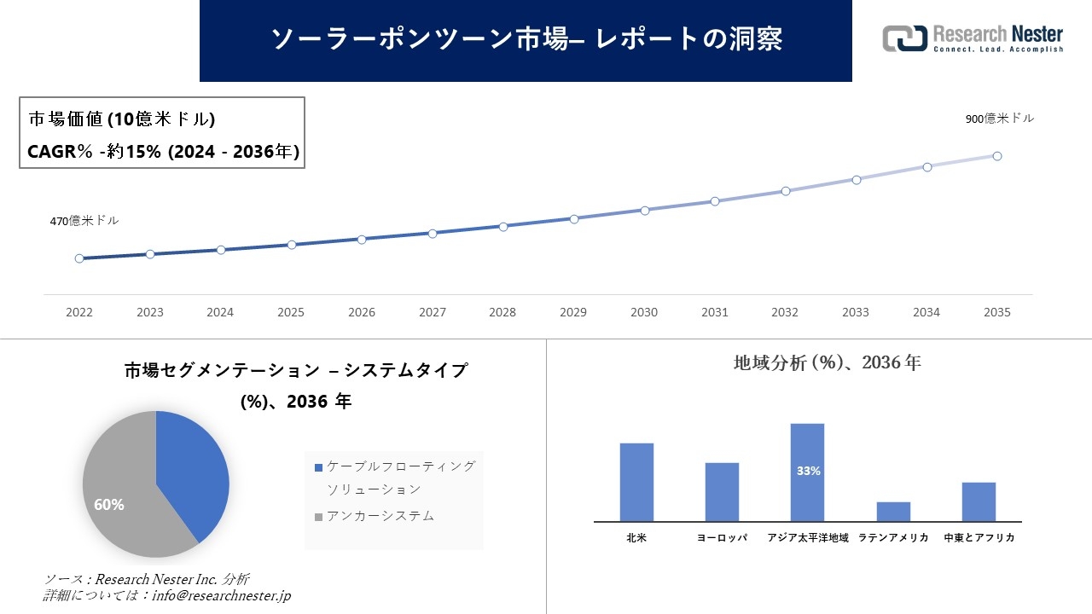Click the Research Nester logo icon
[905, 38]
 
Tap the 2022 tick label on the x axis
[79, 313]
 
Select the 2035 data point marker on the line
[996, 156]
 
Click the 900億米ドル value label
[999, 119]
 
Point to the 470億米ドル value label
[84, 221]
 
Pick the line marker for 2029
[574, 219]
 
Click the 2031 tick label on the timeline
[714, 313]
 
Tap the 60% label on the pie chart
[109, 505]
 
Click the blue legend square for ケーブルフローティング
[319, 467]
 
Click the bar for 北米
[636, 482]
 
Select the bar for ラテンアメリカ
[893, 512]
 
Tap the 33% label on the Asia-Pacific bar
[808, 471]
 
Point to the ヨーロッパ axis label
[722, 538]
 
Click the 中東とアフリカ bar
[979, 501]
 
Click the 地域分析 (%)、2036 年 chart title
[827, 363]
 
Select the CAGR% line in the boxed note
[163, 152]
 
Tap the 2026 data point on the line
[362, 240]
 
